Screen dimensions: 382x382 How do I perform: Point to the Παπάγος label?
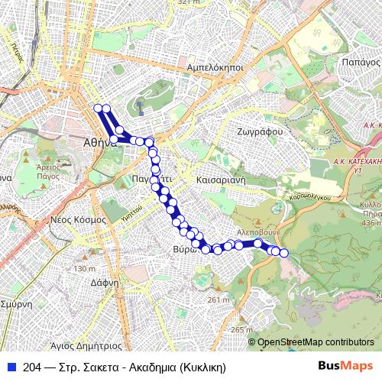[x=361, y=61]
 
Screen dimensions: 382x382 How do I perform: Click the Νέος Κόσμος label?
[x=78, y=219]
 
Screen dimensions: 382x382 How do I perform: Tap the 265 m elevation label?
[x=241, y=329]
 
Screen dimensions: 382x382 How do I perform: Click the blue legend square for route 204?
[x=10, y=365]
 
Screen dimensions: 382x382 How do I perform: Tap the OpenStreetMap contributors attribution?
[x=316, y=343]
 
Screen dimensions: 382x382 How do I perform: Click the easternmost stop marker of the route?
[x=284, y=252]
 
